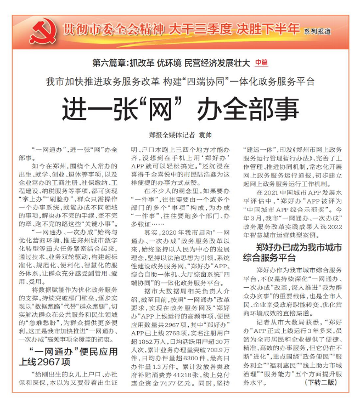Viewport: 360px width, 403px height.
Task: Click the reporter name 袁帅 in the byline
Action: point(205,133)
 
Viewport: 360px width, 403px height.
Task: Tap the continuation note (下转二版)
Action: point(319,396)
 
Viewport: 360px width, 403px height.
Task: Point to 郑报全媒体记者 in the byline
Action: point(172,133)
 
